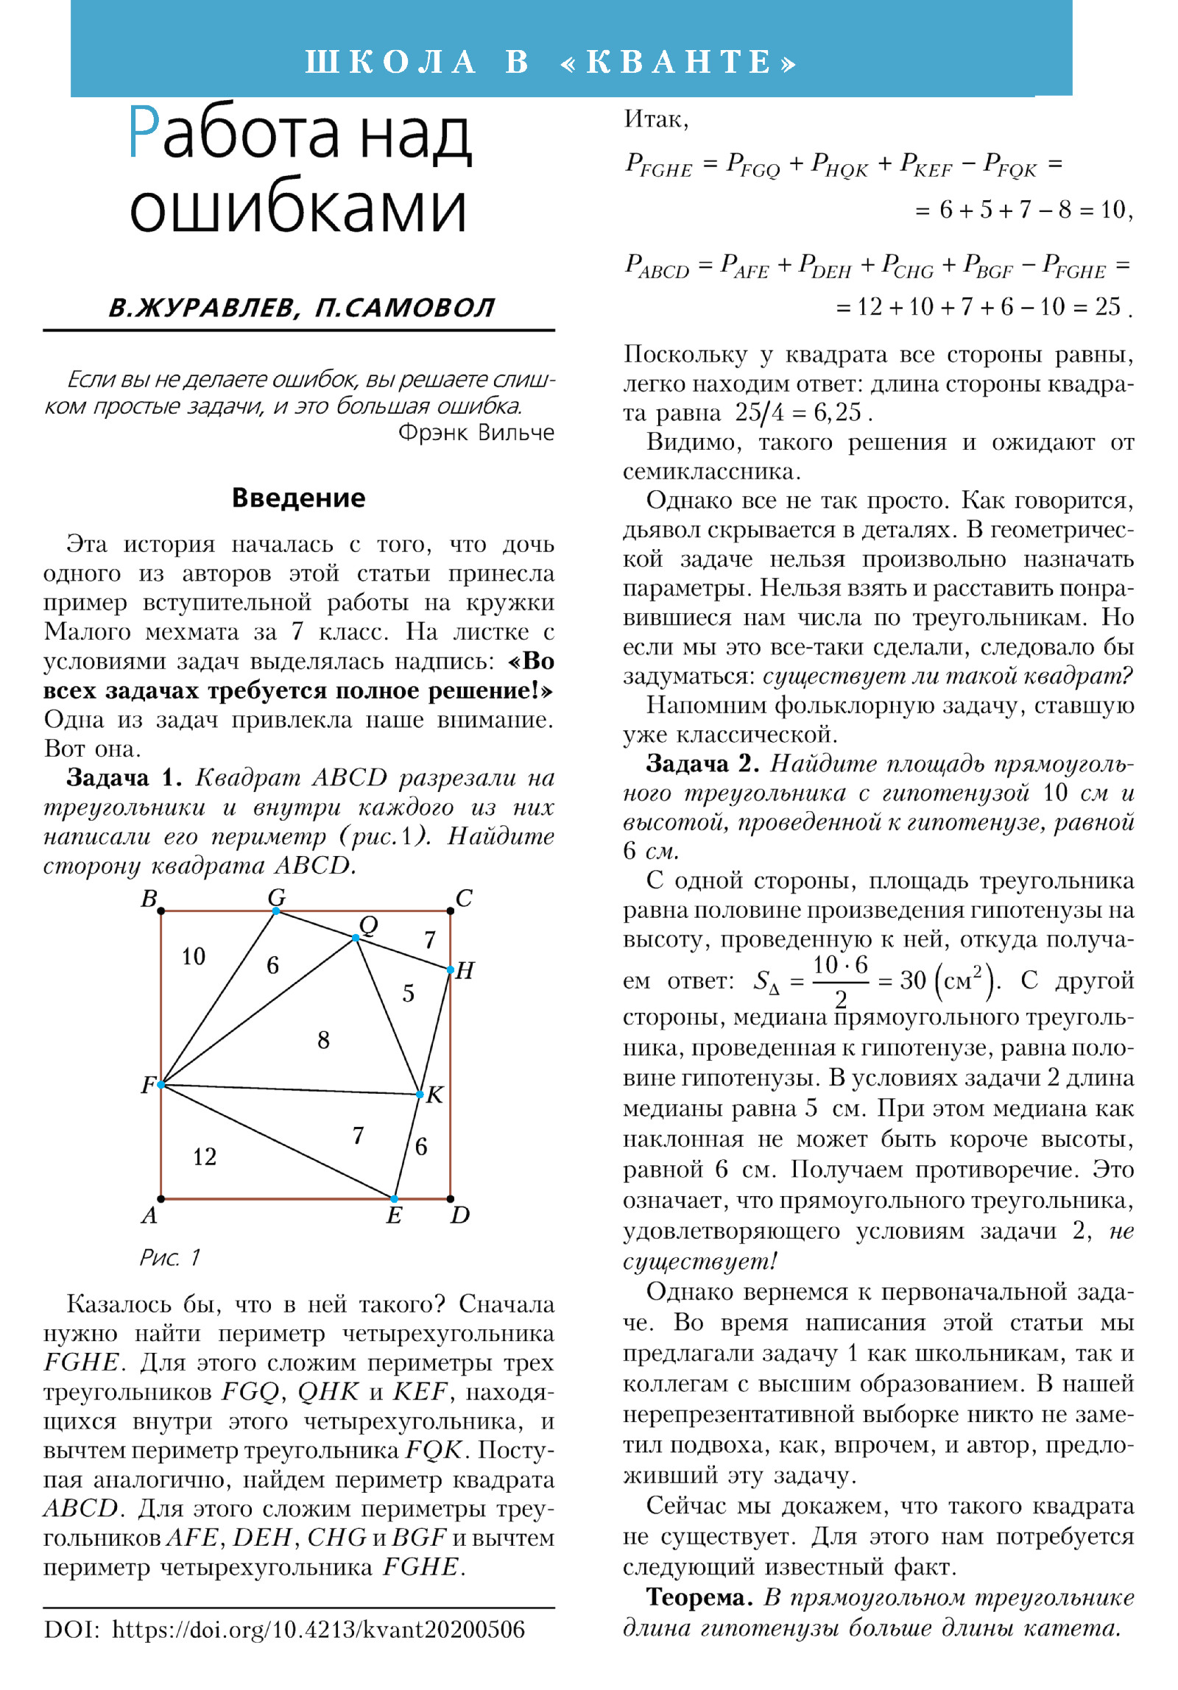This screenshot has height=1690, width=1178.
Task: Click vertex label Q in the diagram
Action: click(x=368, y=925)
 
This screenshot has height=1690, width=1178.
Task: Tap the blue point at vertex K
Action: click(x=419, y=1095)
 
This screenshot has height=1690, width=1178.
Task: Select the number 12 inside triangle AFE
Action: click(x=205, y=1156)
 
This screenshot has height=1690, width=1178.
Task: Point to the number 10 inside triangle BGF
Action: click(x=193, y=957)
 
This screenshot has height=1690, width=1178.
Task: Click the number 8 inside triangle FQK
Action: click(x=323, y=1040)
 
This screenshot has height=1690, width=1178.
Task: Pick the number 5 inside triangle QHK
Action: click(x=408, y=994)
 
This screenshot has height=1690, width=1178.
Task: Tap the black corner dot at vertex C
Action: click(x=450, y=911)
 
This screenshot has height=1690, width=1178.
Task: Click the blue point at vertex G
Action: click(x=276, y=911)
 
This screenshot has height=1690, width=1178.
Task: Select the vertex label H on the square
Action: click(x=465, y=970)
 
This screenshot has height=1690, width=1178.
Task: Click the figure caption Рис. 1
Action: click(x=170, y=1257)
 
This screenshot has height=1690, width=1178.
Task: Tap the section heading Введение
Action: click(x=298, y=498)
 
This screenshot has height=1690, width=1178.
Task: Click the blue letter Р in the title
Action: click(x=144, y=132)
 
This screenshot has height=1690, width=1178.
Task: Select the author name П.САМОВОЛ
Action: click(x=404, y=308)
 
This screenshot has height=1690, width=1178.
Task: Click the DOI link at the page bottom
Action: click(x=318, y=1630)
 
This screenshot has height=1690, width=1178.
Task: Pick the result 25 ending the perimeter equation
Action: click(x=1107, y=306)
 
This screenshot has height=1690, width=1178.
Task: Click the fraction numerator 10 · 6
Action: click(x=840, y=965)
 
